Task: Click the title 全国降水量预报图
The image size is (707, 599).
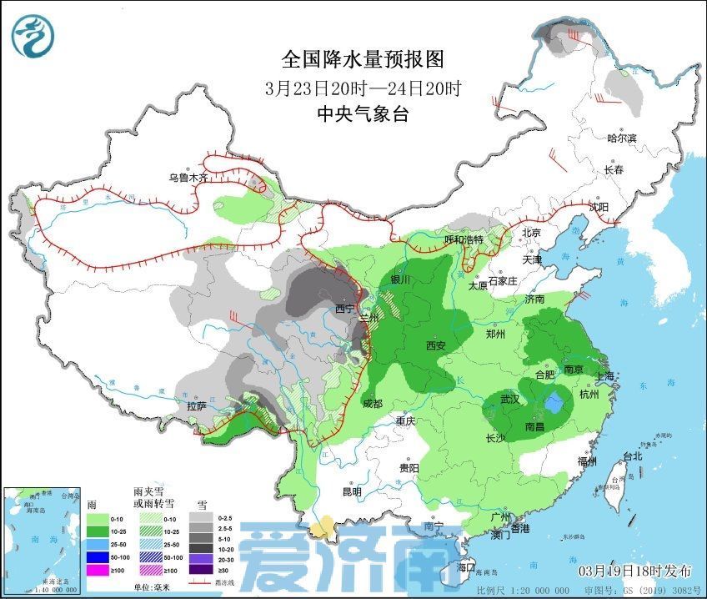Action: point(362,59)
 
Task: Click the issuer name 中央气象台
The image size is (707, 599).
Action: point(362,115)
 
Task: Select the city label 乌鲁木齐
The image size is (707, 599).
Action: point(187,178)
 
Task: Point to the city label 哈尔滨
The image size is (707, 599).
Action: point(622,138)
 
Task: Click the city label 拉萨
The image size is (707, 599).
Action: point(196,406)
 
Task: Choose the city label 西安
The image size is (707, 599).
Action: point(436,345)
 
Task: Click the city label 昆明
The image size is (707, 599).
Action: point(351,491)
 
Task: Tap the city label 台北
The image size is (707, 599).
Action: point(633,456)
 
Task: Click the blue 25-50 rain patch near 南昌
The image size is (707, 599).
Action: point(552,405)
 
